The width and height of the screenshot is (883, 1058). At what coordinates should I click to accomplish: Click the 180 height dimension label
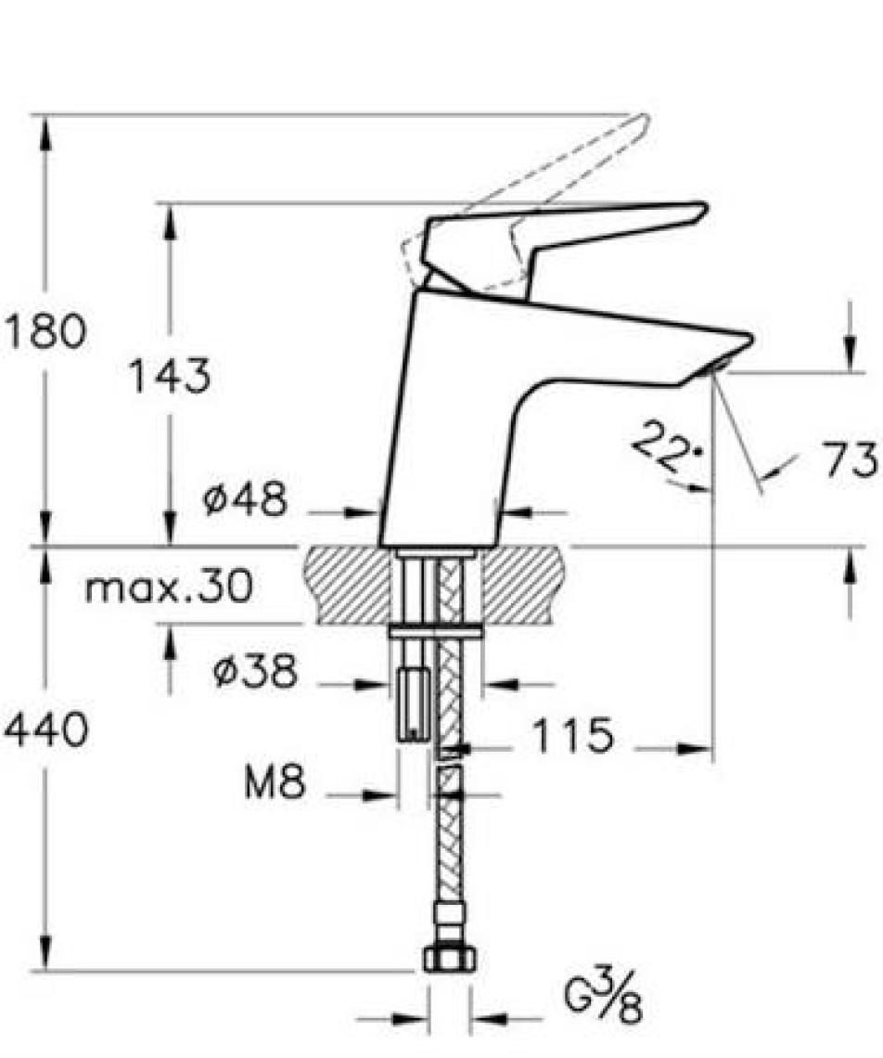pos(45,331)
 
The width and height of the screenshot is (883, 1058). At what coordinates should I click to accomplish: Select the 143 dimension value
pos(170,376)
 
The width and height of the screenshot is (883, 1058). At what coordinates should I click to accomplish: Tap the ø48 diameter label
pos(245,500)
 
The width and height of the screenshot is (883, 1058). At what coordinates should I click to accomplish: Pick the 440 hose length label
pos(45,729)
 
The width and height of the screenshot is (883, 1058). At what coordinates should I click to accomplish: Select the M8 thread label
pos(275,782)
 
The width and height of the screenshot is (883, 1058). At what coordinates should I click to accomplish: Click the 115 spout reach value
pos(573,735)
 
